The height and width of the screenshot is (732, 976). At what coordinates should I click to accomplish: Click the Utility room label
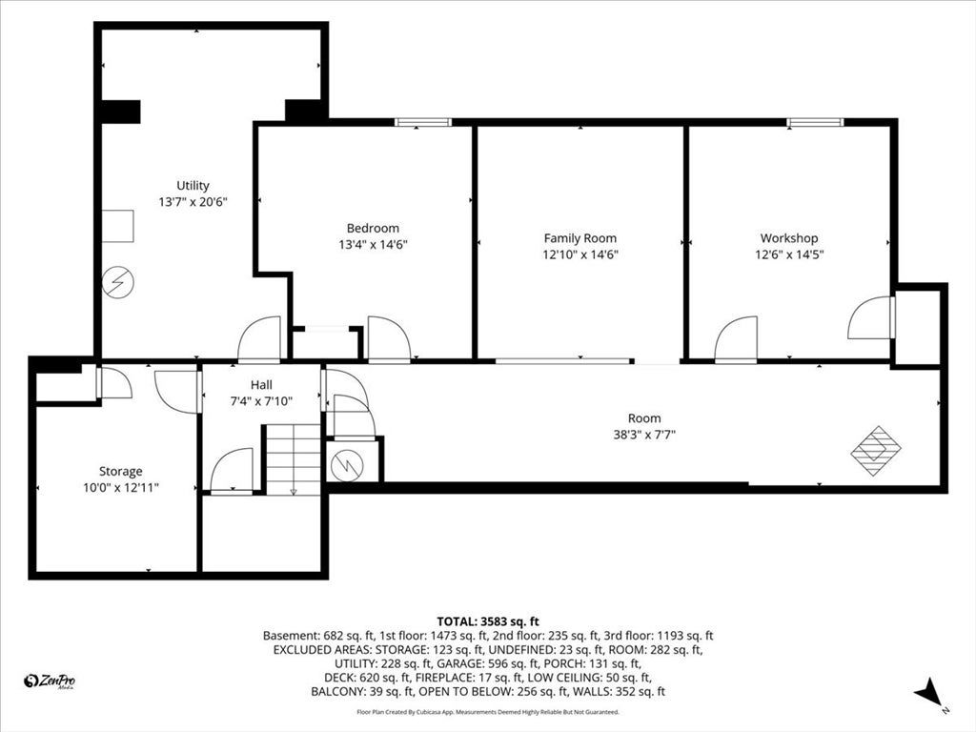tap(193, 186)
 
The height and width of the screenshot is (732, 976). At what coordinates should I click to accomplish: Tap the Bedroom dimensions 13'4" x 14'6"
tap(373, 245)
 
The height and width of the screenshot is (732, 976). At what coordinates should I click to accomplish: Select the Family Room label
tap(580, 238)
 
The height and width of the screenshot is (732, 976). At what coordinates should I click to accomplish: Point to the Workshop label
tap(789, 238)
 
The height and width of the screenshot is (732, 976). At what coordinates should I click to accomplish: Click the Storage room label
tap(121, 471)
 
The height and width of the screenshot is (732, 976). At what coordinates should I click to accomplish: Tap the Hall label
tap(261, 385)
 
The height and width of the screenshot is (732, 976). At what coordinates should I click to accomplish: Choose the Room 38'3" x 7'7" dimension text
tap(644, 435)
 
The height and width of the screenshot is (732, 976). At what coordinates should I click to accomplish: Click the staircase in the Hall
tap(294, 459)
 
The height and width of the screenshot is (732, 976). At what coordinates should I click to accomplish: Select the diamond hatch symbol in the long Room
tap(877, 451)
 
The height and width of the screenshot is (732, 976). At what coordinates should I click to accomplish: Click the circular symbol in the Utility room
tap(117, 282)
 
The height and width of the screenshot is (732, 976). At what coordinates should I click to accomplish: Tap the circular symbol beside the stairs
tap(347, 465)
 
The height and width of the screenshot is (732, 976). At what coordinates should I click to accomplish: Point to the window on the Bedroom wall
tap(423, 122)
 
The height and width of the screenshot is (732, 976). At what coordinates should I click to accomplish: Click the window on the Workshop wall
tap(815, 122)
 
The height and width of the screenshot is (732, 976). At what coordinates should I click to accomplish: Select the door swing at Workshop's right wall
tap(871, 317)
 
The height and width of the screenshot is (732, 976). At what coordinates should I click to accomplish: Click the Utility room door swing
tap(259, 338)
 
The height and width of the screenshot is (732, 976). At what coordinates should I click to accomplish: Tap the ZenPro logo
tap(50, 681)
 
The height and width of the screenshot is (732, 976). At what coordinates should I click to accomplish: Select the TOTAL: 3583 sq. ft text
tap(488, 621)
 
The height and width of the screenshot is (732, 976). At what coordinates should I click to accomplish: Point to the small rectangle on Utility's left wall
tap(117, 226)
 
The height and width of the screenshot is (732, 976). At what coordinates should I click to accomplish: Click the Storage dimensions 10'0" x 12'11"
tap(121, 487)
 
